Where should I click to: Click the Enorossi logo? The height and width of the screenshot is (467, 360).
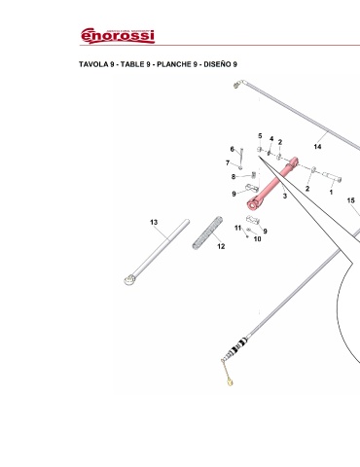118,36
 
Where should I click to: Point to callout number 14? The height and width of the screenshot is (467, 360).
317,147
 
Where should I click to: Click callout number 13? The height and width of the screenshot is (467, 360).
154,222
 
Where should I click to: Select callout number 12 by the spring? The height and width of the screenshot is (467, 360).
221,246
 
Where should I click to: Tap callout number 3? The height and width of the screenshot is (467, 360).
285,196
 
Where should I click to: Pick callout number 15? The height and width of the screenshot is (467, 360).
351,200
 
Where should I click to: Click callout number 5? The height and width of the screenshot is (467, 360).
260,136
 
